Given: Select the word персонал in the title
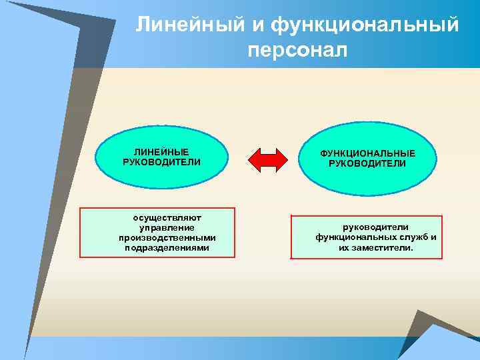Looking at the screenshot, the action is pyautogui.click(x=297, y=50).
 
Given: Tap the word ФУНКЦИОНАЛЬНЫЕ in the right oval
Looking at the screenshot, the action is pyautogui.click(x=367, y=153).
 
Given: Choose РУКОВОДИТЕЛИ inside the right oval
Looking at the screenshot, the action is pyautogui.click(x=367, y=163).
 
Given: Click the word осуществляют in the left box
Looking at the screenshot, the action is pyautogui.click(x=162, y=217).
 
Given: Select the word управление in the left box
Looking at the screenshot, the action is pyautogui.click(x=162, y=227).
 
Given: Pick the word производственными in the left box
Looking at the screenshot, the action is pyautogui.click(x=167, y=237).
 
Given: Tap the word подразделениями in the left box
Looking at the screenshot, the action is pyautogui.click(x=167, y=247).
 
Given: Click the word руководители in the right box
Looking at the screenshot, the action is pyautogui.click(x=375, y=227).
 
